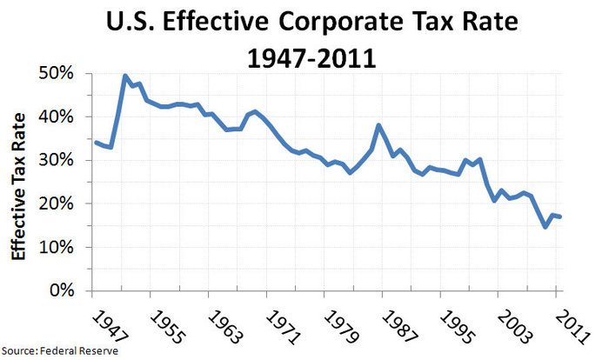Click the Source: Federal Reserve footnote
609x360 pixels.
pos(59,350)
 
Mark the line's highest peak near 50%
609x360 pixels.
pos(125,77)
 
